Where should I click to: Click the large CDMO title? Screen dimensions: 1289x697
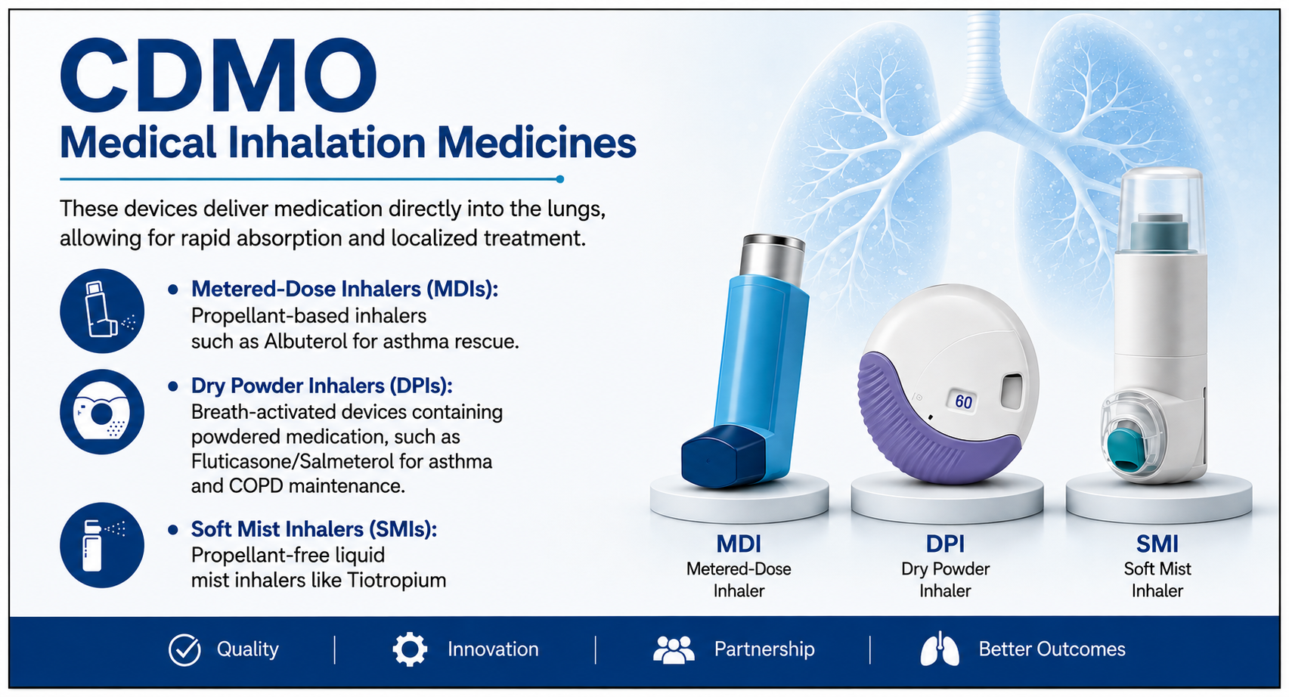[218, 75]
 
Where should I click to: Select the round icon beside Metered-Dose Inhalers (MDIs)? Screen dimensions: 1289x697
[102, 311]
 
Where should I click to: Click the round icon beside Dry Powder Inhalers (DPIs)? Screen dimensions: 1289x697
[102, 411]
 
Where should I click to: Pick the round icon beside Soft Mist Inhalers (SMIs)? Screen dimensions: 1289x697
[102, 544]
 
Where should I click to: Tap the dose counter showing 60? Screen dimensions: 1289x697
[963, 401]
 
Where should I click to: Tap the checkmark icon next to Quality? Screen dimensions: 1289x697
[184, 650]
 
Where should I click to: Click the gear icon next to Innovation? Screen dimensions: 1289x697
[410, 650]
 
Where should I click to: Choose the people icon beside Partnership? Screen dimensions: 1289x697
[674, 650]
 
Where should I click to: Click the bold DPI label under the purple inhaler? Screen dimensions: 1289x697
[945, 544]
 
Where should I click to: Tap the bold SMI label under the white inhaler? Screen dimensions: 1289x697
[1157, 544]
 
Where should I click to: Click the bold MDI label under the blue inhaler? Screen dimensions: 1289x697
[739, 544]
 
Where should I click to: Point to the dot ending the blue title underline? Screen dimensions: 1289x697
[560, 179]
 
